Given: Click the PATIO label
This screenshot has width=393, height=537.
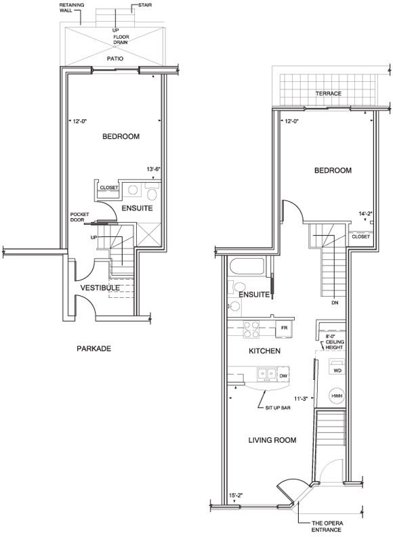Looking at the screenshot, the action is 115,58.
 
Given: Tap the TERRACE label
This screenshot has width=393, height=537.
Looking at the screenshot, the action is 329,93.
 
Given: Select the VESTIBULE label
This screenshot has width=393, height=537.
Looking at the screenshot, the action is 100,288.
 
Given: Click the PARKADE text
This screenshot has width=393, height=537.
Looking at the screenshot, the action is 94,349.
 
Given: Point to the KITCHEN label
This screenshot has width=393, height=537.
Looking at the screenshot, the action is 264,351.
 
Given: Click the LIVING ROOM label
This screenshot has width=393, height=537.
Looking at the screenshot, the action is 272,440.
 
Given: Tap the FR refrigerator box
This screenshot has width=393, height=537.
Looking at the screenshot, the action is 285,328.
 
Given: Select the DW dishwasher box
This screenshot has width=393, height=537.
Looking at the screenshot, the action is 283,376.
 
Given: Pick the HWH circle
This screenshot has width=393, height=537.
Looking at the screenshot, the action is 337,396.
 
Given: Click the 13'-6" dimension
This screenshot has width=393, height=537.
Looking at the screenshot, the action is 153,169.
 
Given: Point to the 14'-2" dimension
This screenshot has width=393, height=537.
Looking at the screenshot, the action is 365,214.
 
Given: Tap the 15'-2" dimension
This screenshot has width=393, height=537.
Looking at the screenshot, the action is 235,495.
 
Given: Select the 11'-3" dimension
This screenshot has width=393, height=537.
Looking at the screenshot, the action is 301,398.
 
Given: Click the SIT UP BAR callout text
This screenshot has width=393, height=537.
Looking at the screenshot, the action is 278,408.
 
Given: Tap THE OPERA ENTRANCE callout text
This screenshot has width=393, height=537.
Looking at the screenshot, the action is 327,527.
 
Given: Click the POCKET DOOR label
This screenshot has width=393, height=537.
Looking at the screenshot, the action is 79,217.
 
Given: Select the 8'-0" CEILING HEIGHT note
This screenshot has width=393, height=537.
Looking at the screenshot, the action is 334,342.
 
